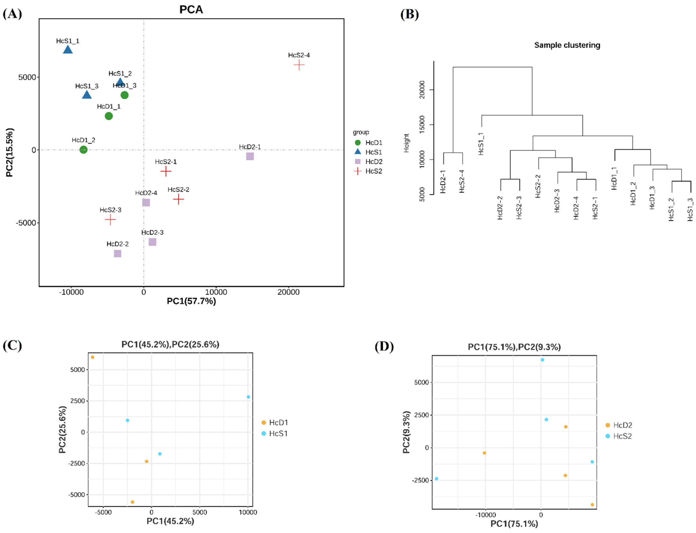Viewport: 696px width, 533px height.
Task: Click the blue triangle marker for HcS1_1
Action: click(68, 50)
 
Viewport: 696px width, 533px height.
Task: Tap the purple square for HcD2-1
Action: click(250, 156)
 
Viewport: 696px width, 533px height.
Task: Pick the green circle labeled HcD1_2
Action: click(83, 149)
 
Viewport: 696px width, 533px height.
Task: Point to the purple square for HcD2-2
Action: click(117, 254)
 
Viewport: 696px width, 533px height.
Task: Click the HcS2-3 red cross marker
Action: click(110, 219)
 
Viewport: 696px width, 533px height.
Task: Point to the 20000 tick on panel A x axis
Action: click(288, 292)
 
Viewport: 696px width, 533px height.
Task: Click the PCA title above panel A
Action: click(191, 9)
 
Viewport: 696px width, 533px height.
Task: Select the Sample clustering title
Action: click(567, 45)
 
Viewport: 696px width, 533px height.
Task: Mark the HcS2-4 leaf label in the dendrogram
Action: click(462, 181)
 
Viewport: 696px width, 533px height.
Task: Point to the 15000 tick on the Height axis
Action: click(422, 125)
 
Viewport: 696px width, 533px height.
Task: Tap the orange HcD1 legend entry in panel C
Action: click(275, 422)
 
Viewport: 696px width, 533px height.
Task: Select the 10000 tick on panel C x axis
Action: click(248, 512)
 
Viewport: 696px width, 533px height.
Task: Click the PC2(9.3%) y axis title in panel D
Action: click(406, 432)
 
